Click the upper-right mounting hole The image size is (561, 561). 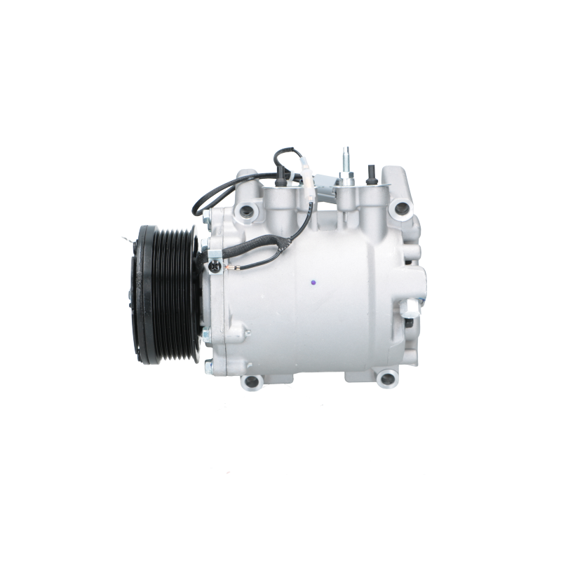click(x=401, y=207)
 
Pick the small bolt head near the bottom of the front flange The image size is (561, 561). click(x=208, y=365)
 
